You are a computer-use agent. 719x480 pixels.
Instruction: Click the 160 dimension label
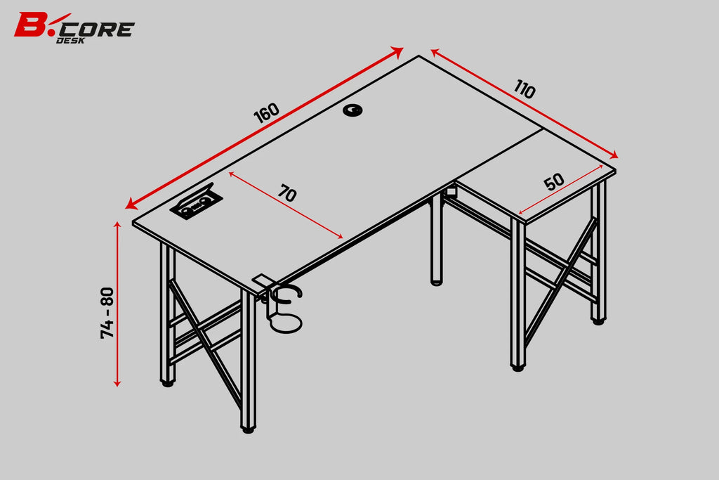coord(266,113)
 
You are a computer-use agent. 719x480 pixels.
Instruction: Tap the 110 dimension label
coord(525,89)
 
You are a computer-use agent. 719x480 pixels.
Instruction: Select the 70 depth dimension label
coord(287,193)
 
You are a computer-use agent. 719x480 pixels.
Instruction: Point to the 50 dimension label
coord(554,182)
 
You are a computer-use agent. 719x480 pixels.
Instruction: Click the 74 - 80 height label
coord(107,313)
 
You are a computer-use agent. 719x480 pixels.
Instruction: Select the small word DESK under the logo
coord(70,40)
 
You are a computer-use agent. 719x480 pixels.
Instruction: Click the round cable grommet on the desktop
coord(352,110)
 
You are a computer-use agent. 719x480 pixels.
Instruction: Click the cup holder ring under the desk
coord(286,323)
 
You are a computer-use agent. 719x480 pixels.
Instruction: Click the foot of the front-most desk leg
coord(248,429)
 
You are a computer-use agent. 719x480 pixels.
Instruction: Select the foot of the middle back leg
coord(437,282)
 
